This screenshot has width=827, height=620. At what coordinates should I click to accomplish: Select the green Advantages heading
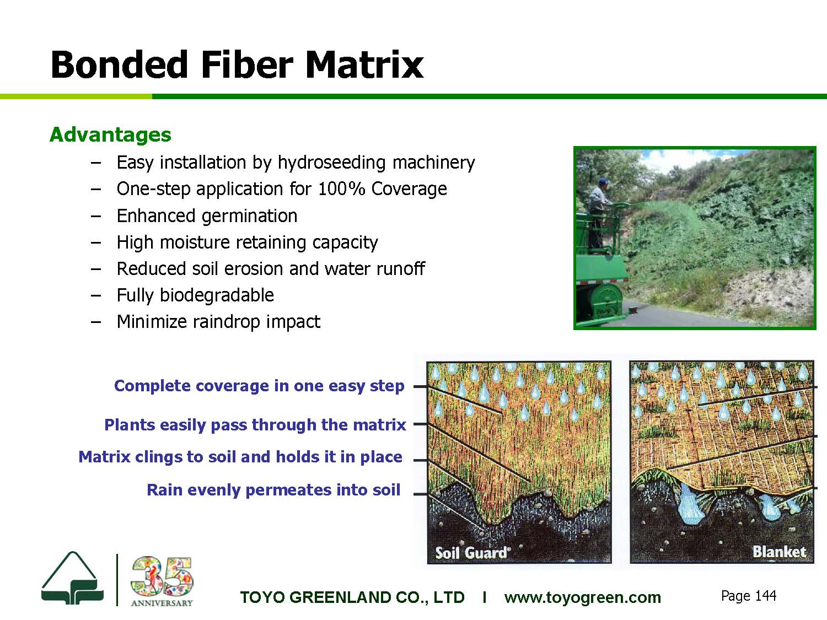click(x=110, y=135)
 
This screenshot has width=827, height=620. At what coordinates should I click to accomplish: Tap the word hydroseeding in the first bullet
click(x=332, y=163)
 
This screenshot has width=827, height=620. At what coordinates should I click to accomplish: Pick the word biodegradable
click(x=217, y=295)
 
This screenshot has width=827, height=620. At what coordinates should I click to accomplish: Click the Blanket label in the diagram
click(x=779, y=552)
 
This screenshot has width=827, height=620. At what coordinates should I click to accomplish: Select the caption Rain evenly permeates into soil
click(x=273, y=490)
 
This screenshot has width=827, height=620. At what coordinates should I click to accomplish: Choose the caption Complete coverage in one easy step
click(x=259, y=386)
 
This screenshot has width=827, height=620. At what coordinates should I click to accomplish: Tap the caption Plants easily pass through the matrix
click(x=255, y=424)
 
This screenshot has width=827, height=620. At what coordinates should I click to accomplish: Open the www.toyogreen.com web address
click(x=582, y=597)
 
